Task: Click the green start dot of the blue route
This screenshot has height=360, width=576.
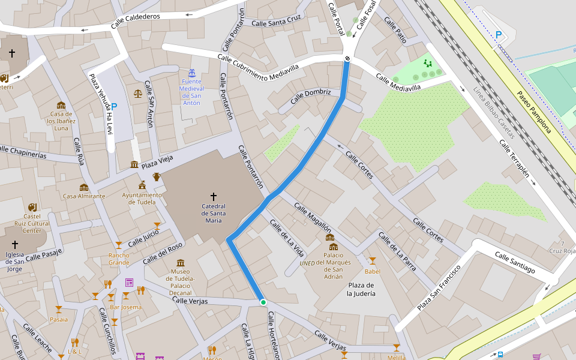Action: pyautogui.click(x=263, y=302)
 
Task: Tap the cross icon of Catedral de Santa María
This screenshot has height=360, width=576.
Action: pyautogui.click(x=213, y=196)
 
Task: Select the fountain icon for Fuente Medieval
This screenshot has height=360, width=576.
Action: pyautogui.click(x=191, y=73)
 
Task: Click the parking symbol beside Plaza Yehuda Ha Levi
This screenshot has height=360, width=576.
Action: pyautogui.click(x=113, y=106)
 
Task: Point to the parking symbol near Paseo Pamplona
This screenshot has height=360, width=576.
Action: pyautogui.click(x=499, y=35)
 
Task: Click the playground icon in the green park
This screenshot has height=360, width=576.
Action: pyautogui.click(x=427, y=63)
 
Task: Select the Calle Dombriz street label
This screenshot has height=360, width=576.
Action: pyautogui.click(x=311, y=96)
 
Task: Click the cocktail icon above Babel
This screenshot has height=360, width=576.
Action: pyautogui.click(x=372, y=261)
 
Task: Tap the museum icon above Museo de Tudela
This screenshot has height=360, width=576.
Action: pyautogui.click(x=181, y=263)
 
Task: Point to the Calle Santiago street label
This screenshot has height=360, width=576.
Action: pyautogui.click(x=514, y=262)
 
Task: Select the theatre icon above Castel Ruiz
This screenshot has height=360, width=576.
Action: pyautogui.click(x=32, y=207)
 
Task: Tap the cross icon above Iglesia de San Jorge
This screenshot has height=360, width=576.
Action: pyautogui.click(x=15, y=245)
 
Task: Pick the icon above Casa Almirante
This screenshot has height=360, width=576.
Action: pyautogui.click(x=83, y=187)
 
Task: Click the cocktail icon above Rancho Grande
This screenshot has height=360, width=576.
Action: pyautogui.click(x=119, y=245)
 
